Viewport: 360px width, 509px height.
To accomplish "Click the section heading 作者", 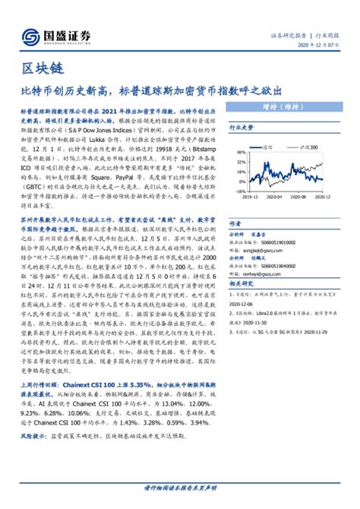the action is click(x=235, y=225).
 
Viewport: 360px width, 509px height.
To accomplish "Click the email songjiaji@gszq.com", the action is click(x=258, y=248).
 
